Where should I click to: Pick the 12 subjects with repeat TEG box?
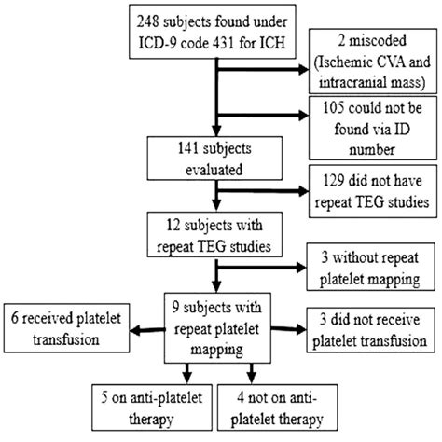215,230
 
